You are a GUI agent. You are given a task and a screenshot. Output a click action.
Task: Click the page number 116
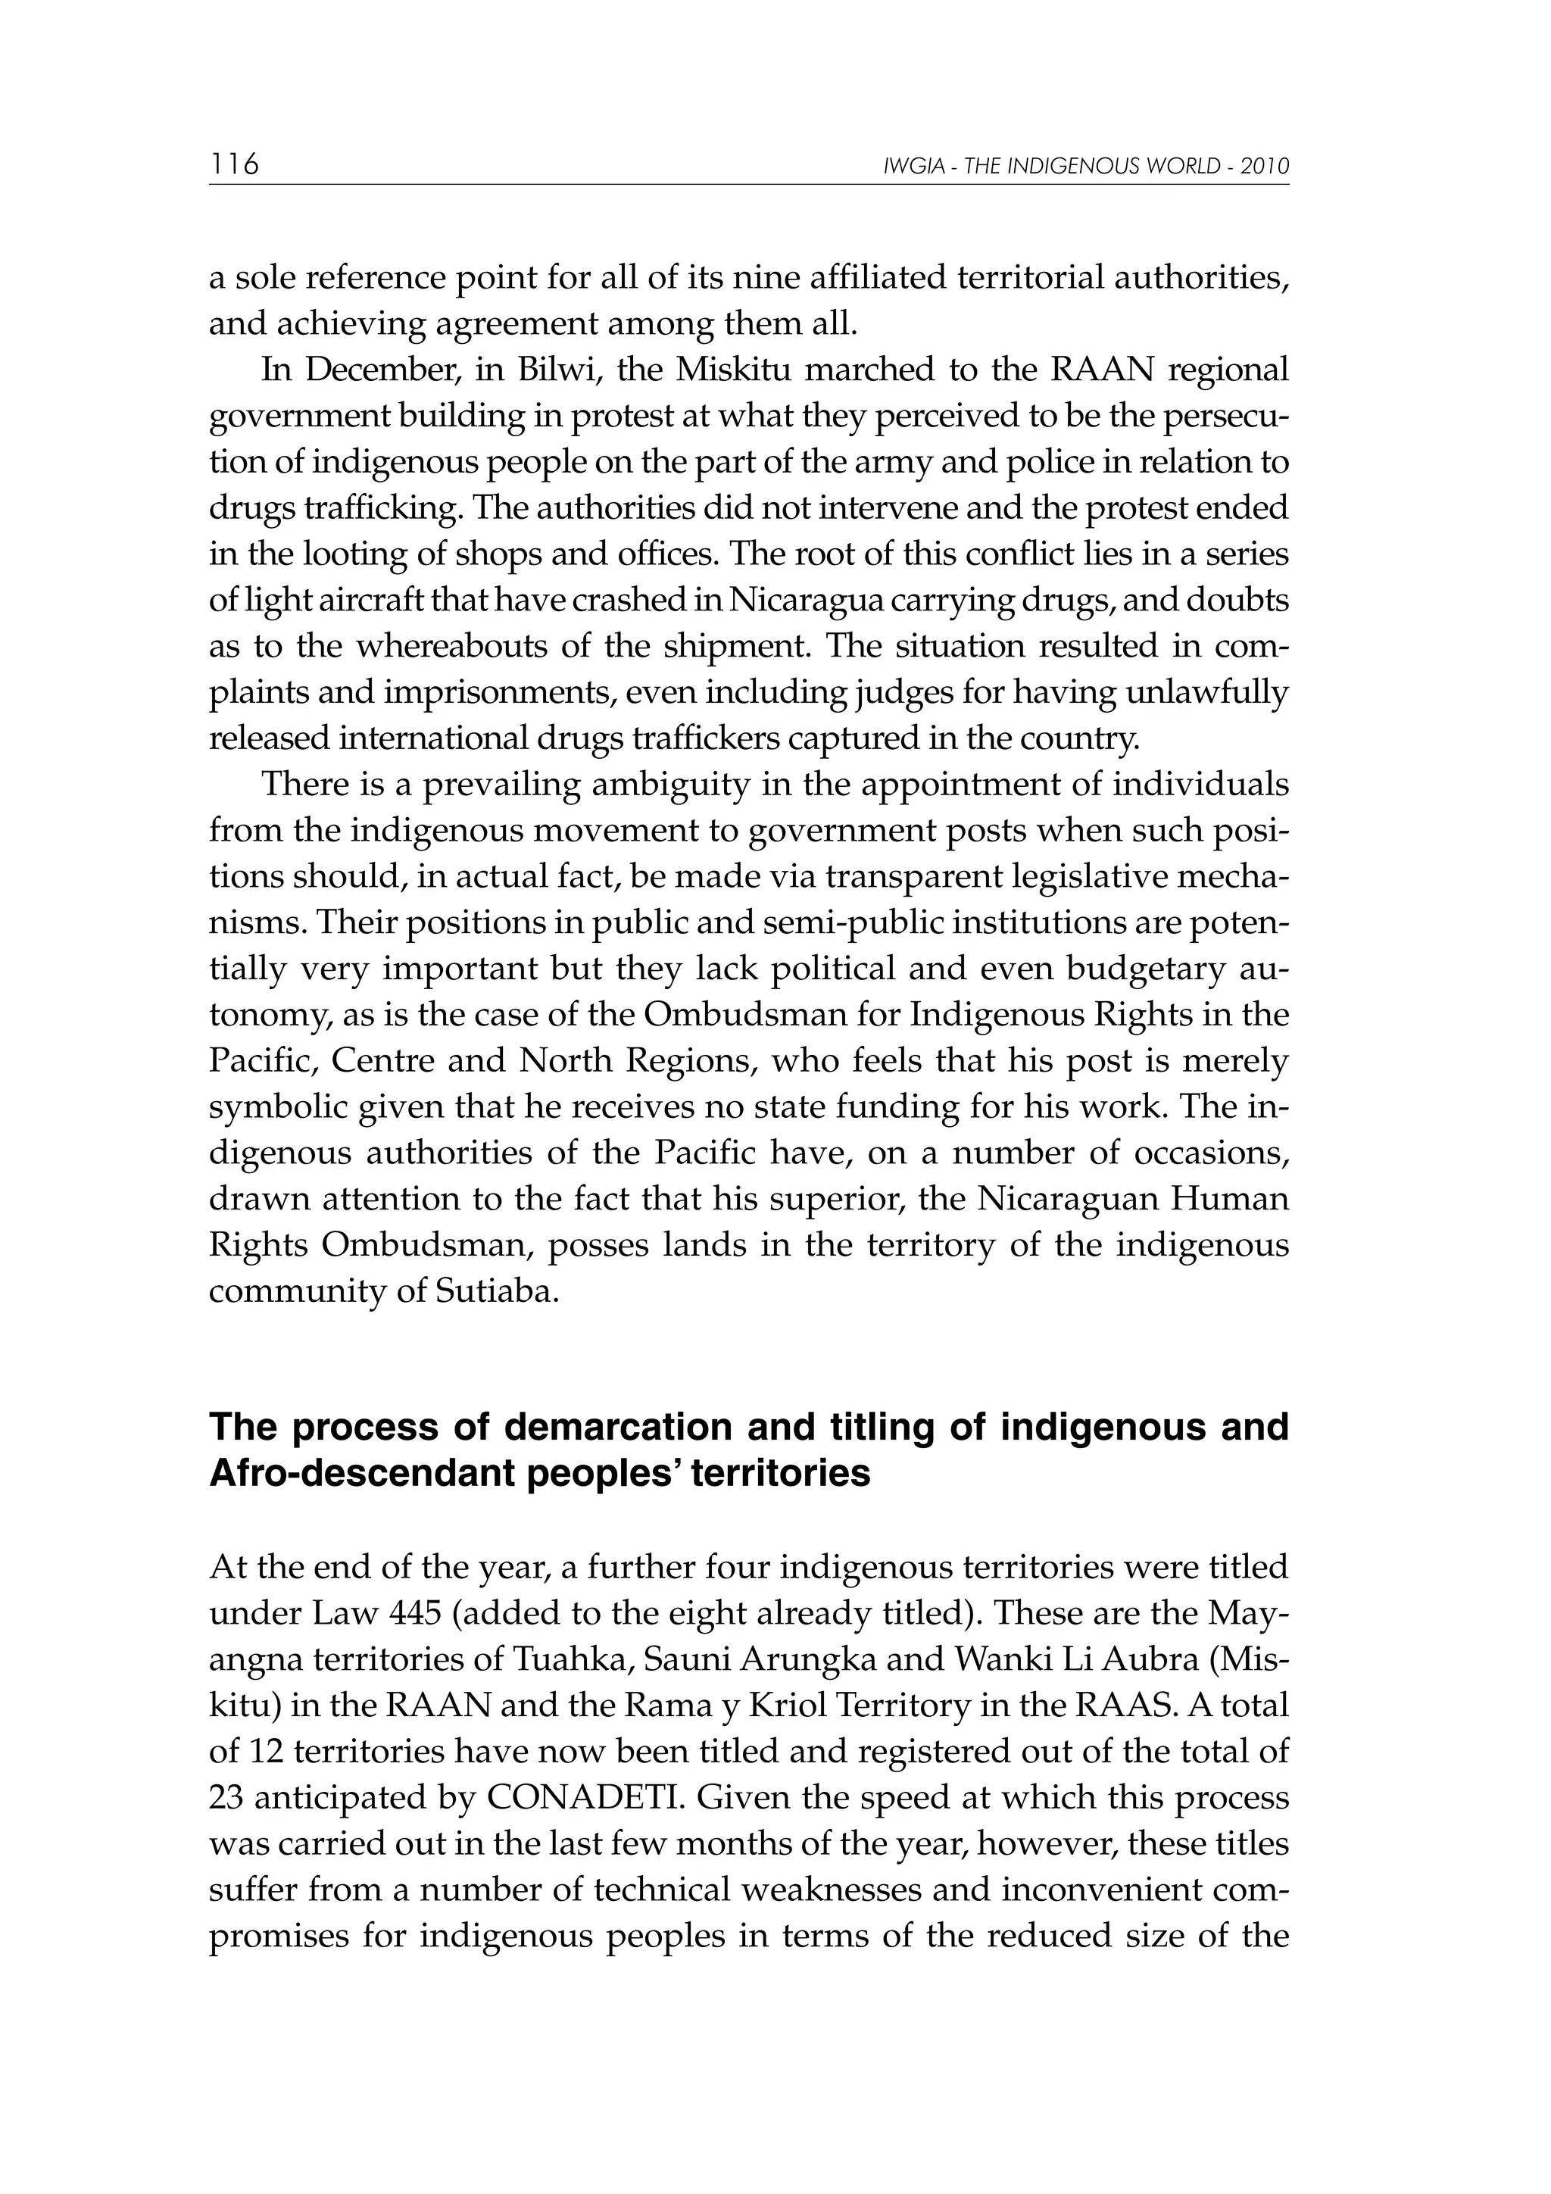point(234,164)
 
